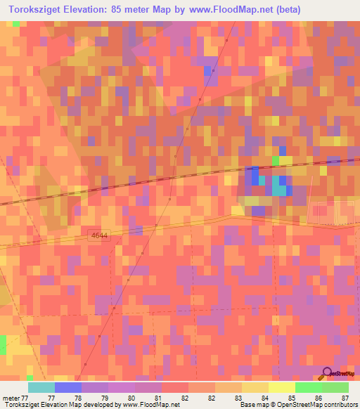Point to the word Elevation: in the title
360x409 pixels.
(x=86, y=10)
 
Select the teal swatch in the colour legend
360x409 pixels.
(x=41, y=387)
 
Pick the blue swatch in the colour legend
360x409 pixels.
(x=68, y=387)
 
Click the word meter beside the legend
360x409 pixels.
(x=10, y=398)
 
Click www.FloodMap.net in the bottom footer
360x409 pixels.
(x=147, y=405)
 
